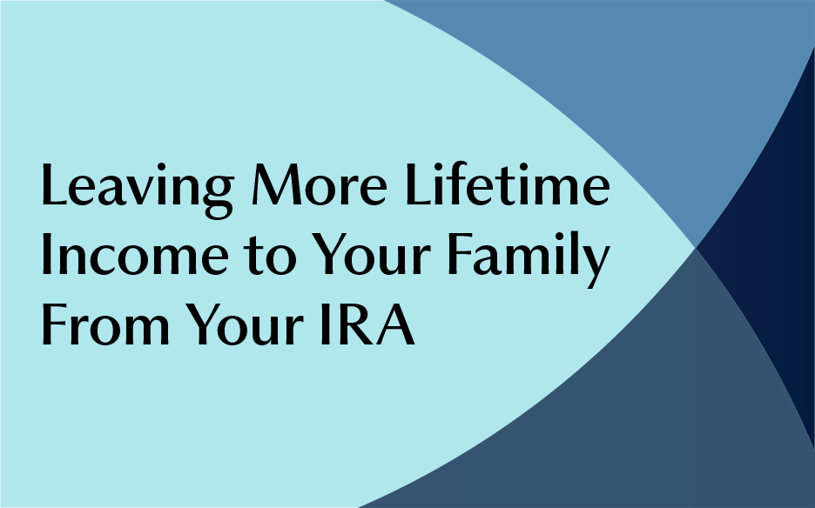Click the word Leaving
tap(138, 190)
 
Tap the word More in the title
tap(320, 184)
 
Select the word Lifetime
tap(508, 184)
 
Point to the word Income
tap(135, 254)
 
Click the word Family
tap(529, 259)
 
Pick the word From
tap(105, 324)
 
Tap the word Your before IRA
tap(245, 324)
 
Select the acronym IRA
tap(367, 324)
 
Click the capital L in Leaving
tap(55, 184)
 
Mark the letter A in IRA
tap(395, 324)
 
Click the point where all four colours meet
tap(696, 248)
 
